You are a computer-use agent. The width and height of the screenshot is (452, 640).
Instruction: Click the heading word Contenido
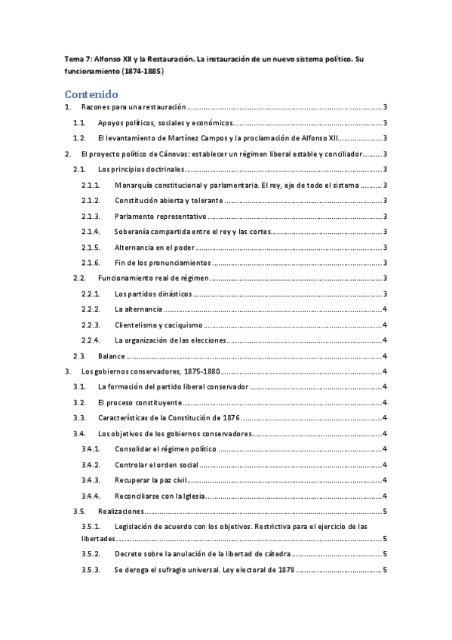[92, 94]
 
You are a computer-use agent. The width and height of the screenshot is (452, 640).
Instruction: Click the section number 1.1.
[78, 123]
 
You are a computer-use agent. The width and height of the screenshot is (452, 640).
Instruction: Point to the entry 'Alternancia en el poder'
[156, 248]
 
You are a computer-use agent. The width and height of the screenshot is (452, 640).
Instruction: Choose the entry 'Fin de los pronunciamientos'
[161, 263]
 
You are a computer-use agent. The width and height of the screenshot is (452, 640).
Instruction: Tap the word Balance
[111, 356]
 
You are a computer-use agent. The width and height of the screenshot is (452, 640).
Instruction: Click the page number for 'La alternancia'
[386, 309]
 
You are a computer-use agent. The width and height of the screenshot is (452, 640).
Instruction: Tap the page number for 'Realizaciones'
[386, 511]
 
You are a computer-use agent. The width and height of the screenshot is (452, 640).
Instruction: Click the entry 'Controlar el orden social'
[155, 464]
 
